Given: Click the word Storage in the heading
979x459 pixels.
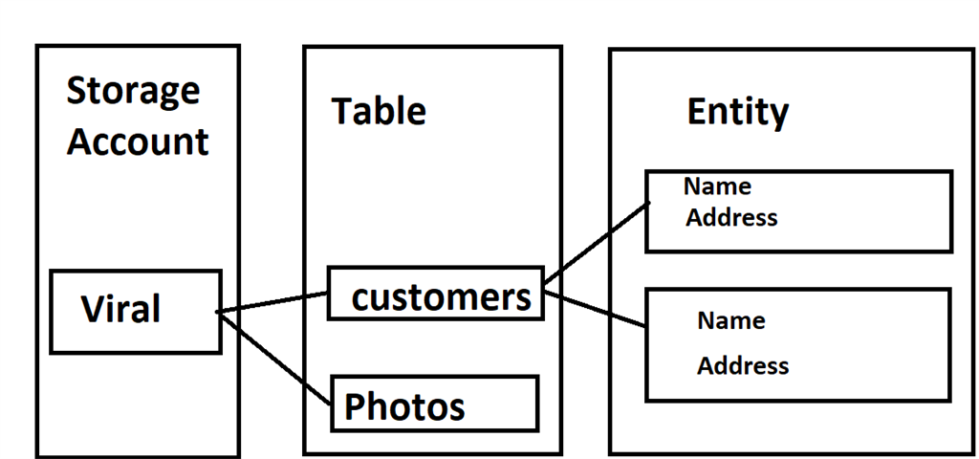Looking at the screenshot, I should click(x=133, y=92).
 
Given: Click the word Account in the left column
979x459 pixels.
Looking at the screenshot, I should click(x=138, y=142).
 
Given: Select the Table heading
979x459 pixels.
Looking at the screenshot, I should click(x=379, y=112).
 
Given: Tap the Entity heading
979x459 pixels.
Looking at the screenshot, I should click(x=737, y=112).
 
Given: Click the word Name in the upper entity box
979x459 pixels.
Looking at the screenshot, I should click(x=717, y=186).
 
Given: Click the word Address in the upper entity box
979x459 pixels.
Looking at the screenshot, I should click(x=731, y=218).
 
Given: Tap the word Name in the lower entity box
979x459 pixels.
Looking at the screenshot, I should click(x=730, y=321).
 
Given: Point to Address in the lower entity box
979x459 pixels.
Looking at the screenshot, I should click(x=743, y=366).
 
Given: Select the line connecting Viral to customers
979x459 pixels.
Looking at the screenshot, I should click(x=273, y=302).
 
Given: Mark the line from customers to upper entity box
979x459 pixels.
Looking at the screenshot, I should click(x=598, y=243).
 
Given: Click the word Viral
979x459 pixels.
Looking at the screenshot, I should click(x=120, y=310).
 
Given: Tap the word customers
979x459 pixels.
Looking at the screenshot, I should click(x=441, y=297).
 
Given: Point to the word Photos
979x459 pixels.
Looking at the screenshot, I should click(x=404, y=406).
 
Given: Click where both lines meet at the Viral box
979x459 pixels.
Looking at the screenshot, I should click(x=219, y=312).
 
